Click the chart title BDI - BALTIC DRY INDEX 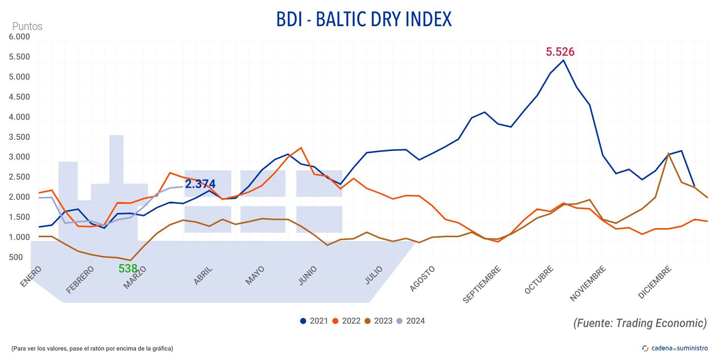364,19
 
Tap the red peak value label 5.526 560,52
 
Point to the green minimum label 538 128,268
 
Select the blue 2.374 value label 200,184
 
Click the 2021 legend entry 314,321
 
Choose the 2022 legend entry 346,321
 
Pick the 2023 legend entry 378,321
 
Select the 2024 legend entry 410,321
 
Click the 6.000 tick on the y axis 19,37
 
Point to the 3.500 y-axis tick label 19,137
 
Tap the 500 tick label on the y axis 16,257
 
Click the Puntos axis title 27,27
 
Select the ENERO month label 30,277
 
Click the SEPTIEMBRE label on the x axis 482,284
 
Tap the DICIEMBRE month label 655,282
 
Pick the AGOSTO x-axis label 423,279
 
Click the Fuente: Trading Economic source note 640,323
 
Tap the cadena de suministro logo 675,348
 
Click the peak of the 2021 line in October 563,60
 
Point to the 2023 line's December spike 668,153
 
